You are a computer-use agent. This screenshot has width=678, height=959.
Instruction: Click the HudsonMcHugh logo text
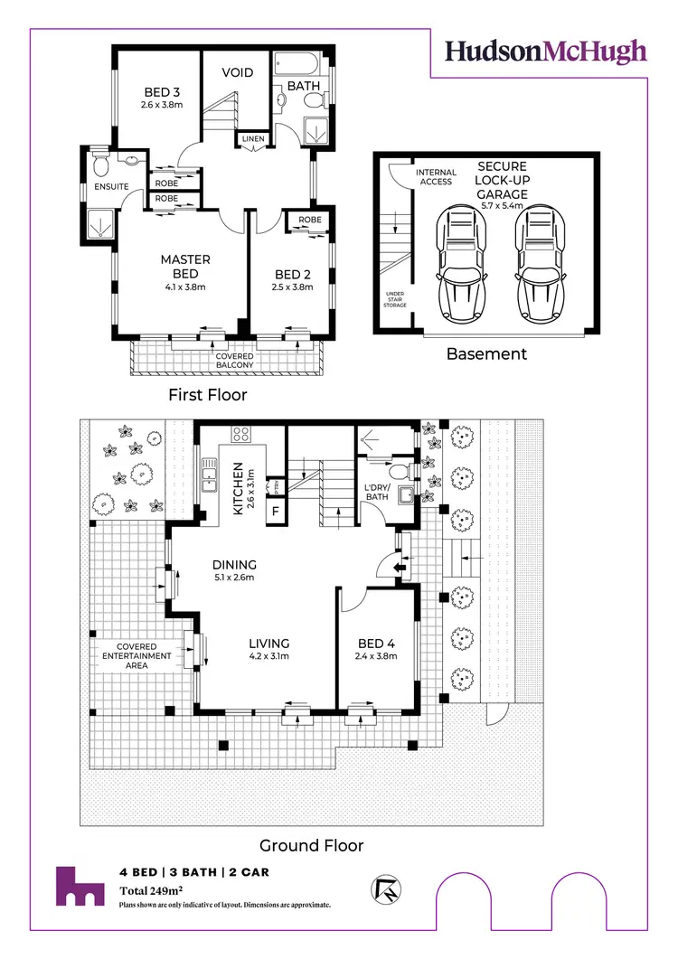pos(546,51)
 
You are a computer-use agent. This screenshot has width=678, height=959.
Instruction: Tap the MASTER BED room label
pos(185,259)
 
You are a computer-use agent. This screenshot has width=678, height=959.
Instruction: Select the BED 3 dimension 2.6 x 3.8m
pos(163,105)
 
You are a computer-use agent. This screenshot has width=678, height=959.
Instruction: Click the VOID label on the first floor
pos(238,72)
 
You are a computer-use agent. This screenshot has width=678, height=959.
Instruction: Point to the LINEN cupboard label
pos(250,138)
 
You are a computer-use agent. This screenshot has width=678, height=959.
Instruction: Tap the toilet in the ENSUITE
pos(101,165)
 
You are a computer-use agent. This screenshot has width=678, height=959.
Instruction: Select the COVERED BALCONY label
pos(234,362)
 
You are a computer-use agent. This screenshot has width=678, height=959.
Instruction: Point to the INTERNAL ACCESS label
pos(436,177)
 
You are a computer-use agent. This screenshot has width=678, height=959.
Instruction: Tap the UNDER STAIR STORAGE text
pos(394,298)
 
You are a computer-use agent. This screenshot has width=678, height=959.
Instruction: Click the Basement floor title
pos(486,354)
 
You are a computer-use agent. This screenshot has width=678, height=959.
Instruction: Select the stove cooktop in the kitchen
pos(241,434)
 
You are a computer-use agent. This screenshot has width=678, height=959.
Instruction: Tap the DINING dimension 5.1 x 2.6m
pos(235,578)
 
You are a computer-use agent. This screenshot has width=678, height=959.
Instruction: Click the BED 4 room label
pos(375,644)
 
